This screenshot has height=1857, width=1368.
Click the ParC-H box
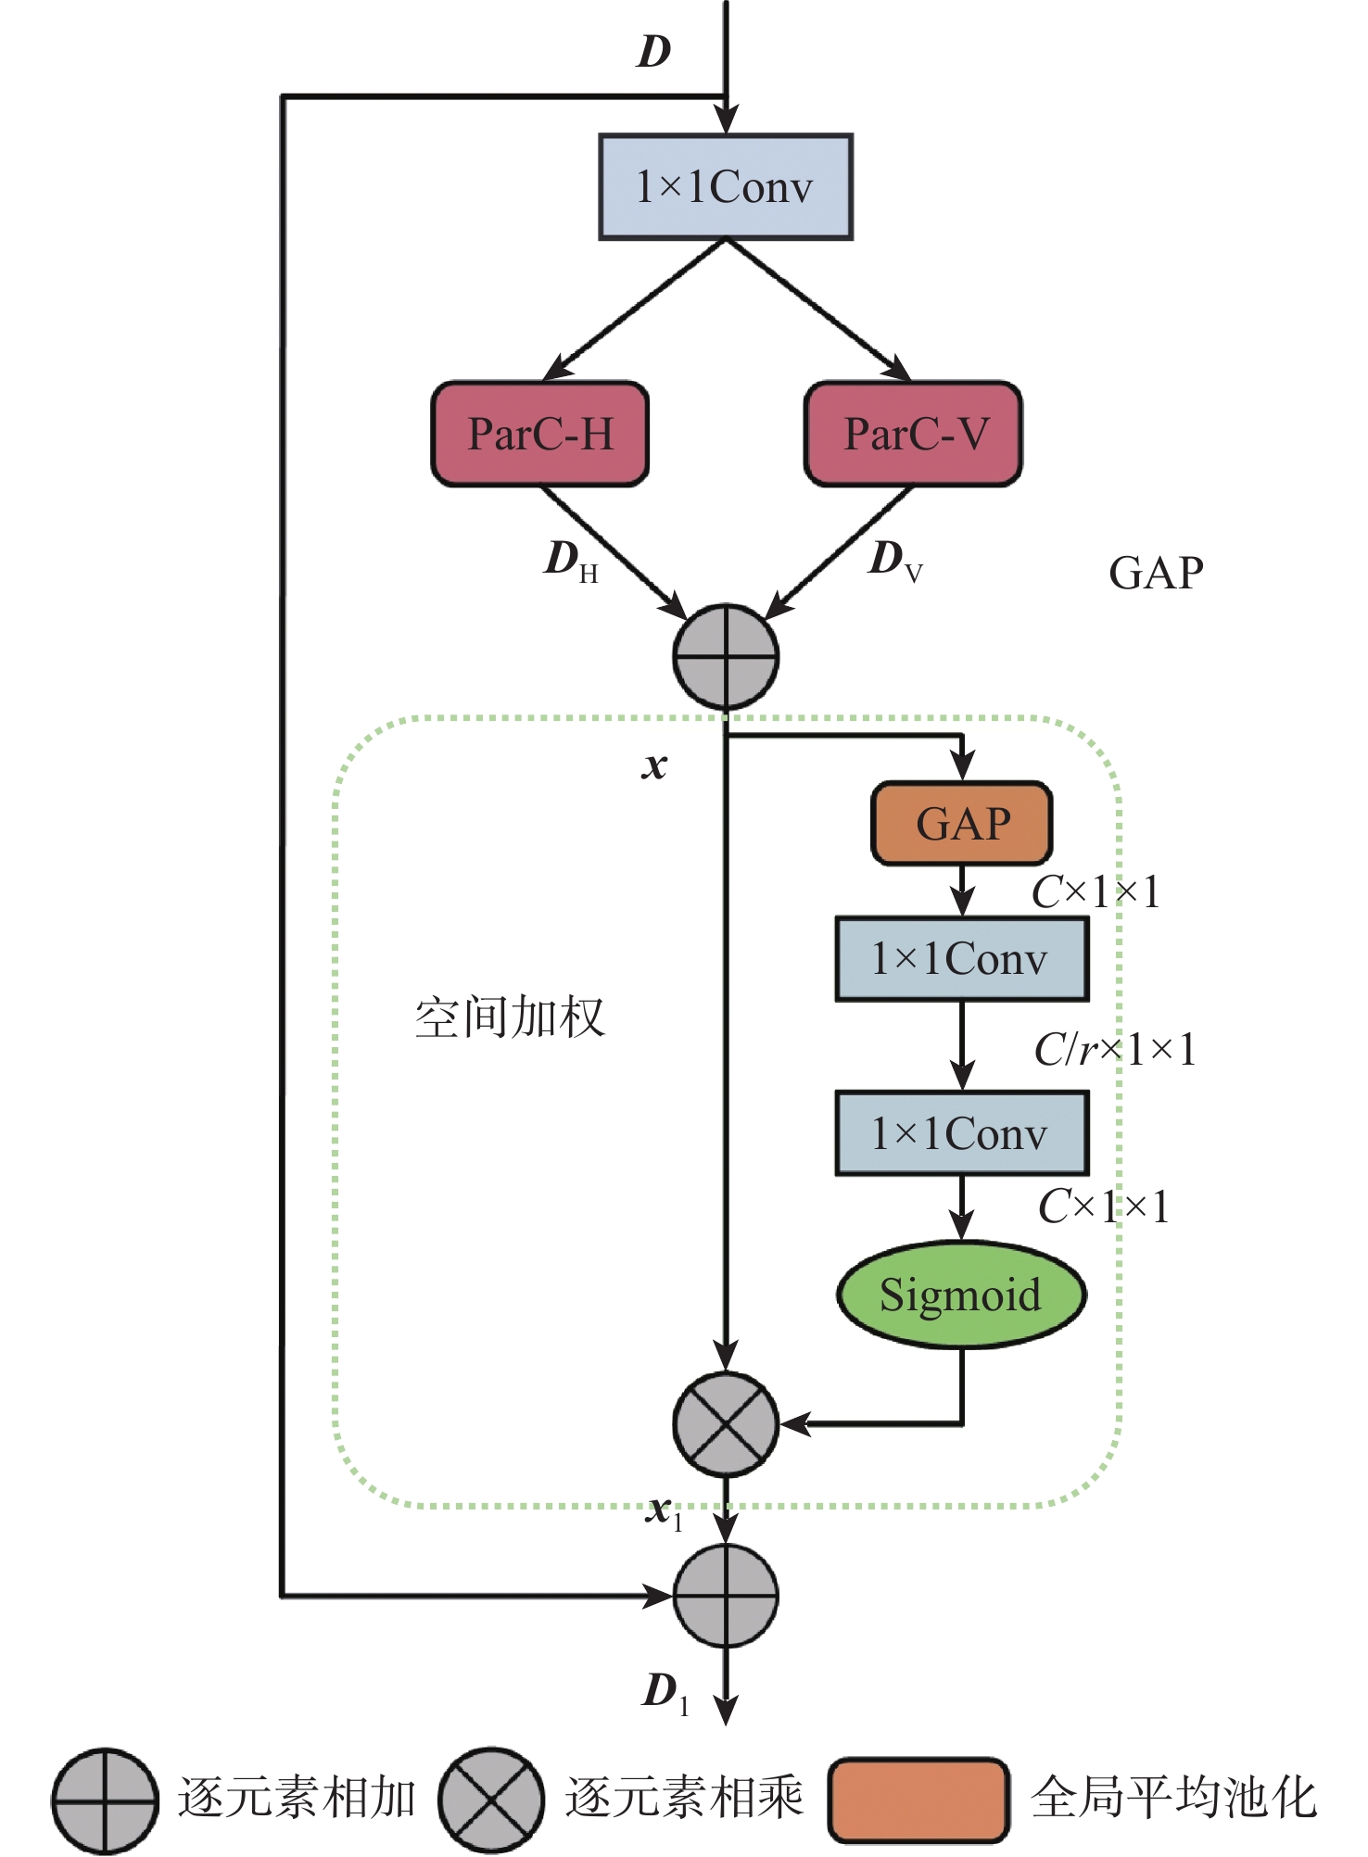540,434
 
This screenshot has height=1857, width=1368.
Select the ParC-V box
914,434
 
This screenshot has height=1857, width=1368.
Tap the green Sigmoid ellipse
961,1295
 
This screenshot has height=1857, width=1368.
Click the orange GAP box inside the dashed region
962,824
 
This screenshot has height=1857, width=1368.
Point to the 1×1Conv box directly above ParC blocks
726,187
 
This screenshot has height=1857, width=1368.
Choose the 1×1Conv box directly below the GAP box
962,959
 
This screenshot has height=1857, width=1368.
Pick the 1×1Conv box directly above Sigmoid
962,1133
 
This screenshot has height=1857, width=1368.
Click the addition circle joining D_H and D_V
726,657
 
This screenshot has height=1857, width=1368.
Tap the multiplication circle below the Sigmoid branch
726,1424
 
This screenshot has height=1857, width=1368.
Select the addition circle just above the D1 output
726,1596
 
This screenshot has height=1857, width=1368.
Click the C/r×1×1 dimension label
1115,1050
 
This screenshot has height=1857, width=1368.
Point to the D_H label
570,561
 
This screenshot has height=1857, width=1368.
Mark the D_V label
894,560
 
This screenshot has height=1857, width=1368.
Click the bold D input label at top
653,52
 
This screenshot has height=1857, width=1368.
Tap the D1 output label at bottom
665,1692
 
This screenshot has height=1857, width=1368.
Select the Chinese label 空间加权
510,1017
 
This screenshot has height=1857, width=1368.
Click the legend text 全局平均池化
1173,1798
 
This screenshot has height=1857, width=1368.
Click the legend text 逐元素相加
297,1798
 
